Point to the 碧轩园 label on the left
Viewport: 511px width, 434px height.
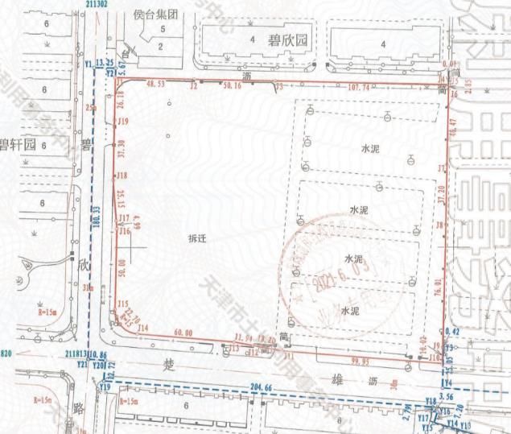pyautogui.click(x=19, y=145)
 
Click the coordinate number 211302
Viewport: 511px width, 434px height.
pyautogui.click(x=97, y=4)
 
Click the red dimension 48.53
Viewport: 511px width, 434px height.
pyautogui.click(x=161, y=83)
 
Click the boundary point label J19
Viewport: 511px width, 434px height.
pyautogui.click(x=123, y=122)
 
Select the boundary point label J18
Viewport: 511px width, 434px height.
pyautogui.click(x=122, y=176)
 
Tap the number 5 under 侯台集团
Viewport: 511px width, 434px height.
pyautogui.click(x=163, y=29)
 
